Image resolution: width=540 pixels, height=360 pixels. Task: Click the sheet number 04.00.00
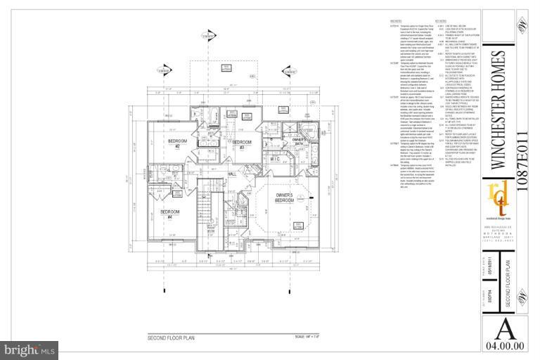pos(504,346)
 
